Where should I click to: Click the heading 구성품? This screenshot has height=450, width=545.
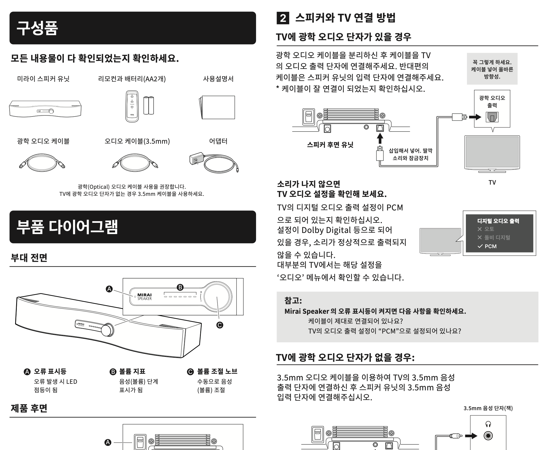pyautogui.click(x=37, y=28)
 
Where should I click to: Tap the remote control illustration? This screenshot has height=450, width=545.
pyautogui.click(x=132, y=106)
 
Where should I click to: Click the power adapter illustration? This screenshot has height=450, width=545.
pyautogui.click(x=214, y=162)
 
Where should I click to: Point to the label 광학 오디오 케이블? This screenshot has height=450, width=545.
pyautogui.click(x=43, y=141)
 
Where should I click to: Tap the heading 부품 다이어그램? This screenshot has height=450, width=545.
pyautogui.click(x=67, y=227)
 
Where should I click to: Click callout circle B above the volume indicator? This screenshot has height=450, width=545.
pyautogui.click(x=180, y=287)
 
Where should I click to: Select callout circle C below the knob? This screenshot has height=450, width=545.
pyautogui.click(x=220, y=325)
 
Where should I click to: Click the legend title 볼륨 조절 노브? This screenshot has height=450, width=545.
pyautogui.click(x=217, y=371)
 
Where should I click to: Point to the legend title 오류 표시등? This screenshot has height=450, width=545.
pyautogui.click(x=50, y=371)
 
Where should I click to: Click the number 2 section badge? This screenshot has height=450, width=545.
pyautogui.click(x=283, y=18)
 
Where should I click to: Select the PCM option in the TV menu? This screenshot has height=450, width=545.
pyautogui.click(x=490, y=246)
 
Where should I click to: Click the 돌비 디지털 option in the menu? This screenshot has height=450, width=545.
pyautogui.click(x=497, y=237)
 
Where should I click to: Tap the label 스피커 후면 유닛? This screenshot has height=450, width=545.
pyautogui.click(x=330, y=145)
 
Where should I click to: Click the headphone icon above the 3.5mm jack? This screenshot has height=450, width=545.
pyautogui.click(x=488, y=424)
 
